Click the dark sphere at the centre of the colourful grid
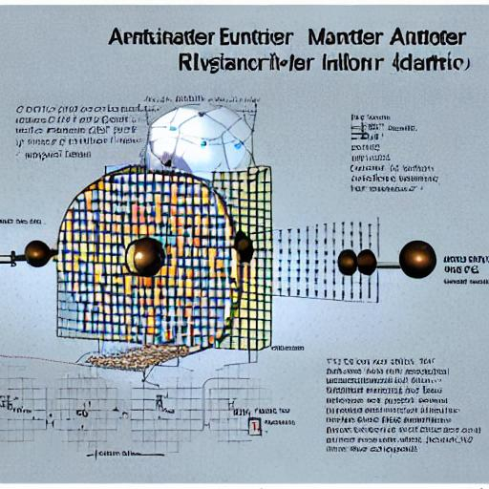[145, 256]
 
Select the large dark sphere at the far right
[417, 259]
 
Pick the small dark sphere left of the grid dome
[38, 253]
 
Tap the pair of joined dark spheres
[357, 261]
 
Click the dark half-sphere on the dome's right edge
[244, 246]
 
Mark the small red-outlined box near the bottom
[255, 426]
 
